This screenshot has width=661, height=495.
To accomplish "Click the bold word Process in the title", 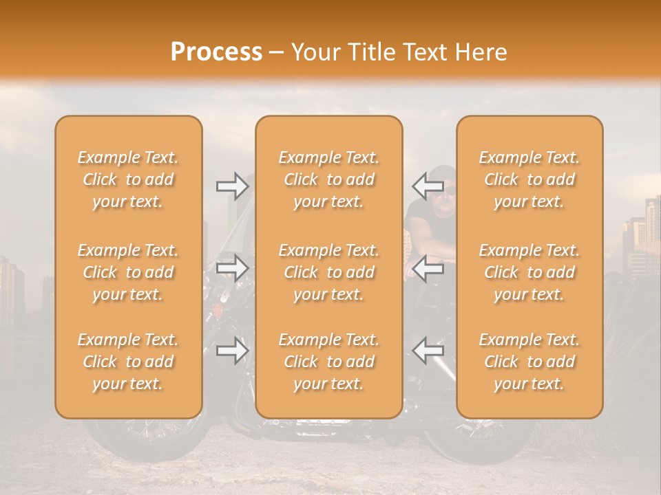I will (216, 52).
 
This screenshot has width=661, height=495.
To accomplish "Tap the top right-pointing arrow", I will (233, 186).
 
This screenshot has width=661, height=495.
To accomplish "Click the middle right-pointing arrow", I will (233, 268).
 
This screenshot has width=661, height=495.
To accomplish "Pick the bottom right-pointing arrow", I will (233, 351).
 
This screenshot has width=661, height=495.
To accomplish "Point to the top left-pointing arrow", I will (428, 186).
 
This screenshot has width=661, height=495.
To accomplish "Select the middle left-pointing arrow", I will (428, 268).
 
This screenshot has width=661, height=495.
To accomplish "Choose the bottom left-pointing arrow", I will (428, 351).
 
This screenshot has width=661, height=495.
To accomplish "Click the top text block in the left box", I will (128, 179).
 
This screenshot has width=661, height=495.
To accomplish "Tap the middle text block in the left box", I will (128, 272).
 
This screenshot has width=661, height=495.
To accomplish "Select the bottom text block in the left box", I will (128, 362).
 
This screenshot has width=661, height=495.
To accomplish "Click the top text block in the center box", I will (328, 179).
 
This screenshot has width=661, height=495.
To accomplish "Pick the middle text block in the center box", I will (328, 272).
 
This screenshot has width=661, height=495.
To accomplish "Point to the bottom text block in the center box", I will (328, 362).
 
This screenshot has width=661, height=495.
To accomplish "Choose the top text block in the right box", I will (529, 179).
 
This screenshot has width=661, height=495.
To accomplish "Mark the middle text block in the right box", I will (529, 272).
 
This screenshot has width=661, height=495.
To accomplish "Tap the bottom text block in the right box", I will (529, 362).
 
